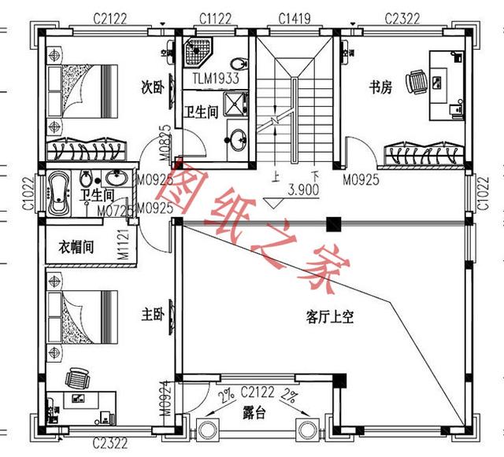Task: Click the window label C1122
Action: tap(214, 17)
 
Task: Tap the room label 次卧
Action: tap(151, 86)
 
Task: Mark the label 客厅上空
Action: tap(329, 318)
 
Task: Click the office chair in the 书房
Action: tap(417, 79)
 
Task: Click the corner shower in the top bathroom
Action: tap(195, 52)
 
